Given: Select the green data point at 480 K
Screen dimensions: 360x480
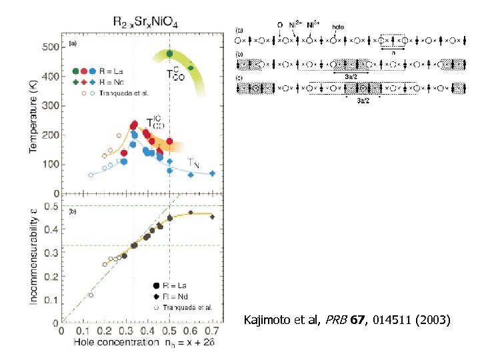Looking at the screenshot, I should coord(170,53).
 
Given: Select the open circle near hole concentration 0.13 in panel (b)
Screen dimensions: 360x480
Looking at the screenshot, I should coord(91,295).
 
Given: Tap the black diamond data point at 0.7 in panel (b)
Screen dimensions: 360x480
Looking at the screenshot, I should coord(212,217).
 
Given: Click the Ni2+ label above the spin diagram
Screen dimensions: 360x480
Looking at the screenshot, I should coord(293,25).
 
